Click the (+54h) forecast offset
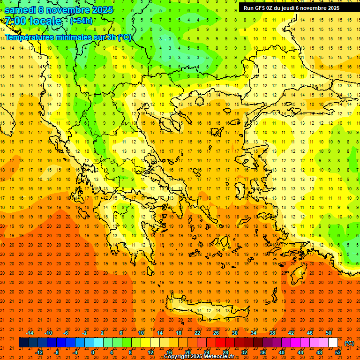tap(81, 21)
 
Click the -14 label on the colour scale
tap(29, 333)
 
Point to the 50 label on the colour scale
tap(329, 333)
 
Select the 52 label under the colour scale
tap(338, 352)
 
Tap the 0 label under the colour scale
tap(93, 352)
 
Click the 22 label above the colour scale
tap(197, 333)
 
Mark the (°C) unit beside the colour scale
tap(349, 343)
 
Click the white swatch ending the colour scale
tap(333, 343)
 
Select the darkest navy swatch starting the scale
tap(24, 343)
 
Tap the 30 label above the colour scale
tap(235, 333)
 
